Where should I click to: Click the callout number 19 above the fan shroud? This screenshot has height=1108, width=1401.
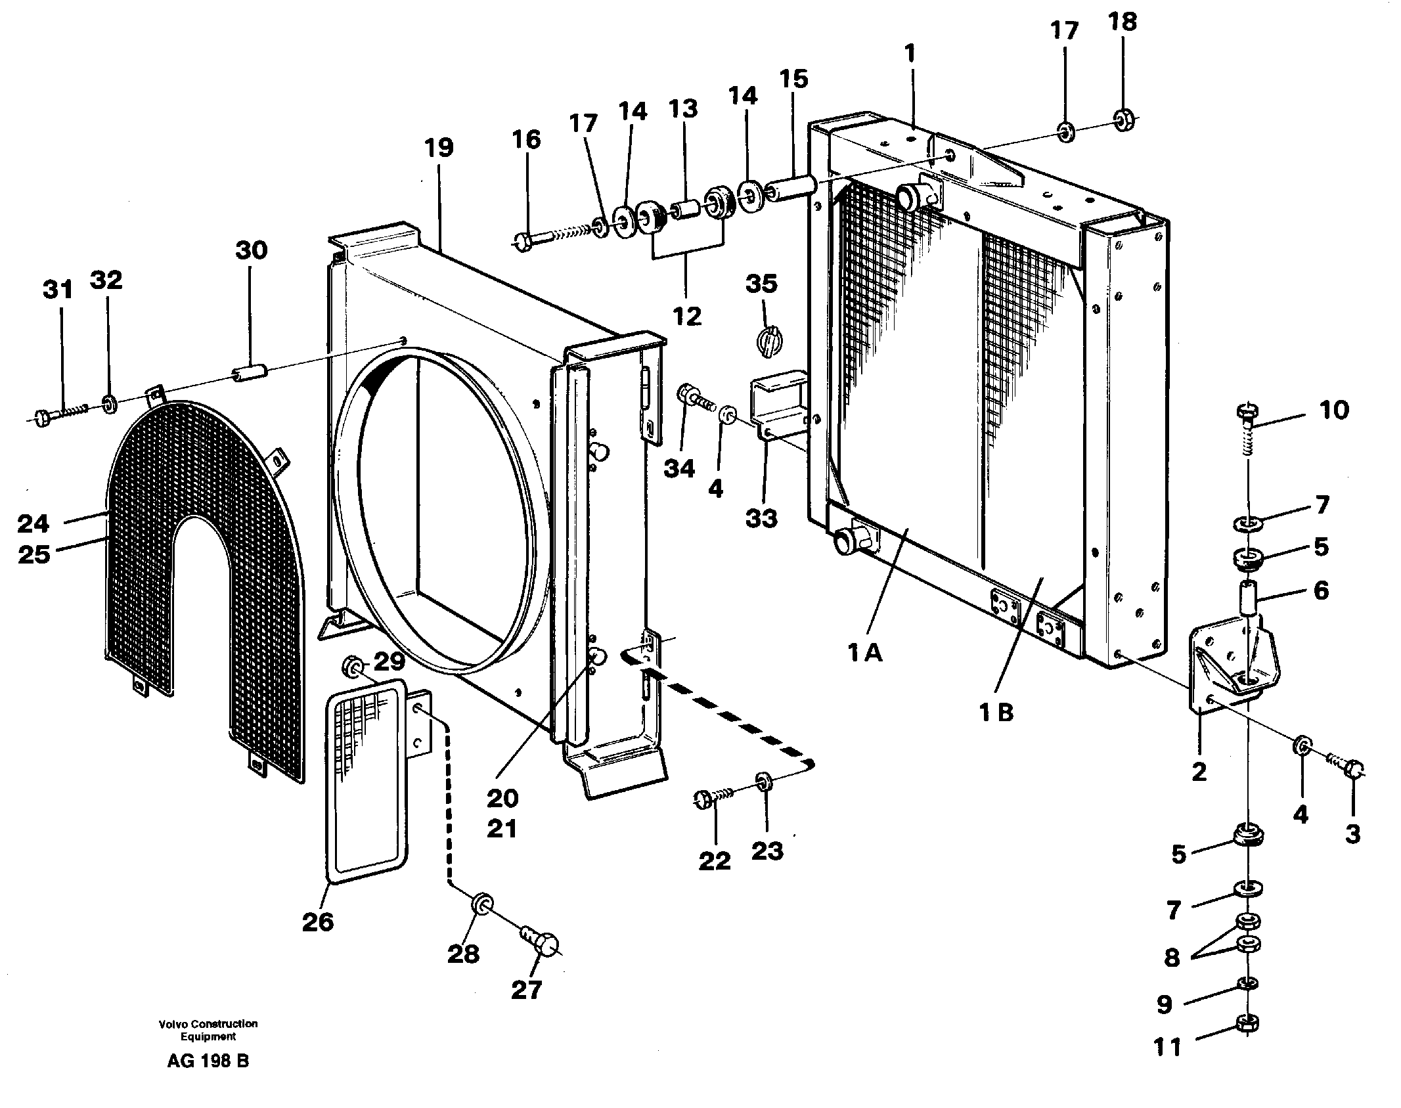(x=439, y=147)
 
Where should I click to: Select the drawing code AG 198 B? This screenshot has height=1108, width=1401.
(x=208, y=1061)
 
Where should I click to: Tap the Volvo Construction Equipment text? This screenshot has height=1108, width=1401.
(x=208, y=1030)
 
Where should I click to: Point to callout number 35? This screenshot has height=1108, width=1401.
(x=761, y=284)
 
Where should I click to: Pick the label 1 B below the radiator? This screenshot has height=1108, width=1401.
(x=996, y=712)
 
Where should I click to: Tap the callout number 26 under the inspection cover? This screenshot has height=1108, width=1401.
(x=318, y=922)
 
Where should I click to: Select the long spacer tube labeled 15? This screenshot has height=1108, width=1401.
(x=792, y=188)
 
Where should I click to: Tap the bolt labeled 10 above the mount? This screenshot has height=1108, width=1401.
(x=1245, y=413)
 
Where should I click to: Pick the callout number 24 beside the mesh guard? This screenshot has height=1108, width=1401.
(x=33, y=523)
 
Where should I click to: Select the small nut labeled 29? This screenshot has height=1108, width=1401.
(x=353, y=669)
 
